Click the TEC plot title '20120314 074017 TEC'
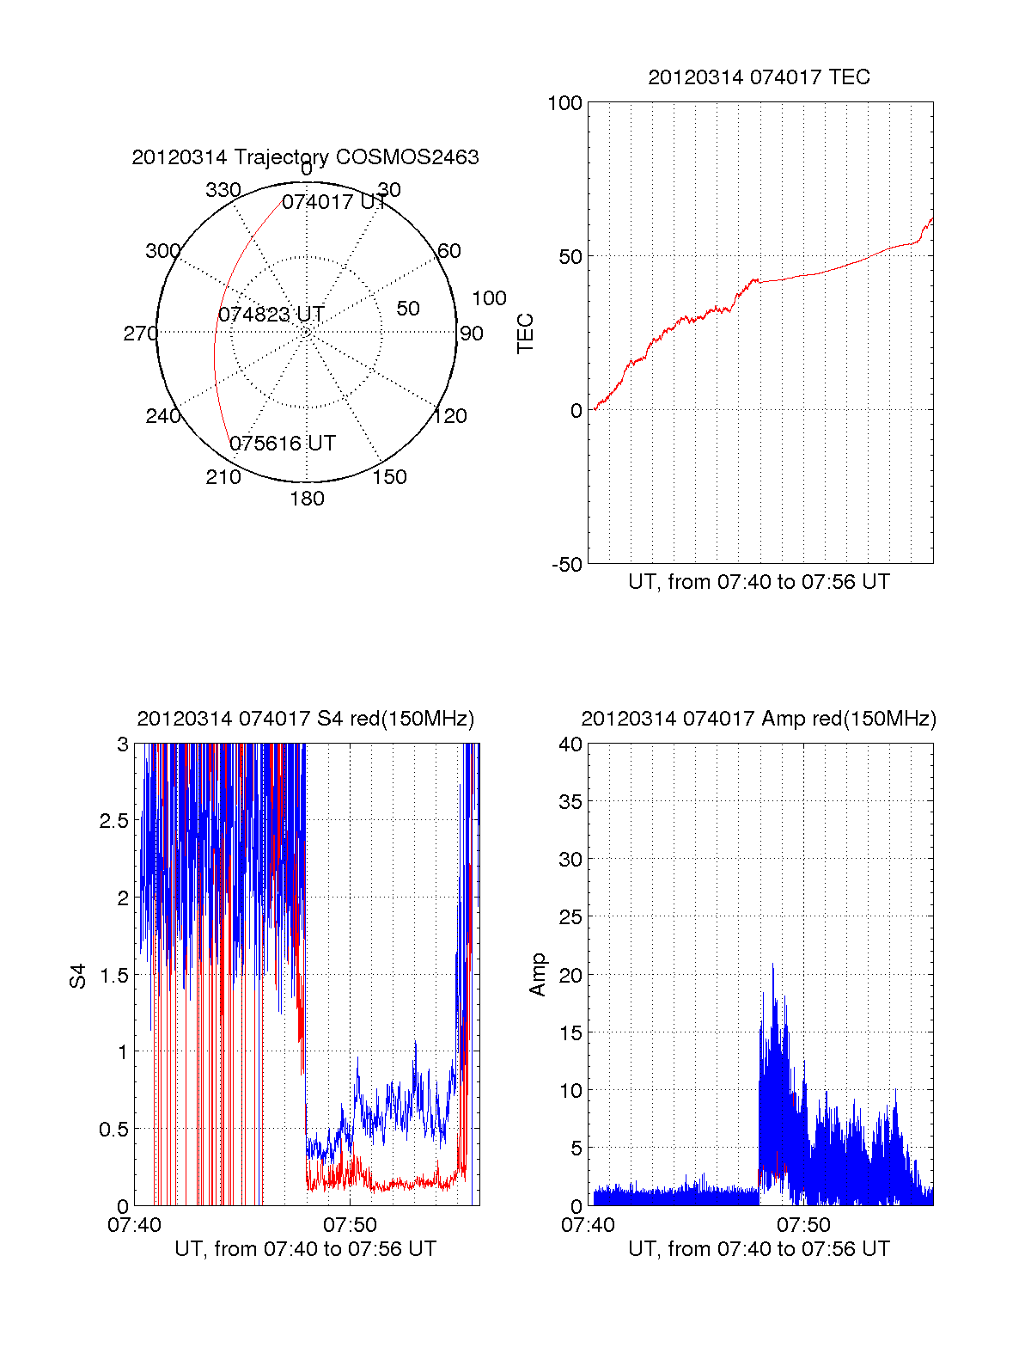point(759,77)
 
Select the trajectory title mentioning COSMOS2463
point(305,157)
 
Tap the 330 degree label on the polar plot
point(223,189)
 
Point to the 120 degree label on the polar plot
point(450,416)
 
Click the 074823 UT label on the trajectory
point(271,315)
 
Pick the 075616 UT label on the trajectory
point(283,444)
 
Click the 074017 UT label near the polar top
point(334,202)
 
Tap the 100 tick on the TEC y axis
point(564,103)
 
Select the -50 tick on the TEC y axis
point(566,565)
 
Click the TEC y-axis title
point(526,334)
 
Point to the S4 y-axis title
point(78,976)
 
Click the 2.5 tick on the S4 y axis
point(114,821)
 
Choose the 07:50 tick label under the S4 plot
point(350,1224)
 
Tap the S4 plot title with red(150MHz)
point(305,719)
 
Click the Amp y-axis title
point(538,975)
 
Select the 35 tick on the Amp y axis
point(570,802)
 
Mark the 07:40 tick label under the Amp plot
point(588,1224)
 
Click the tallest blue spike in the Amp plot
point(772,966)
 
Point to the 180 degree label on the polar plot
point(307,499)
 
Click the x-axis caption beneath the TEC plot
point(759,582)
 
